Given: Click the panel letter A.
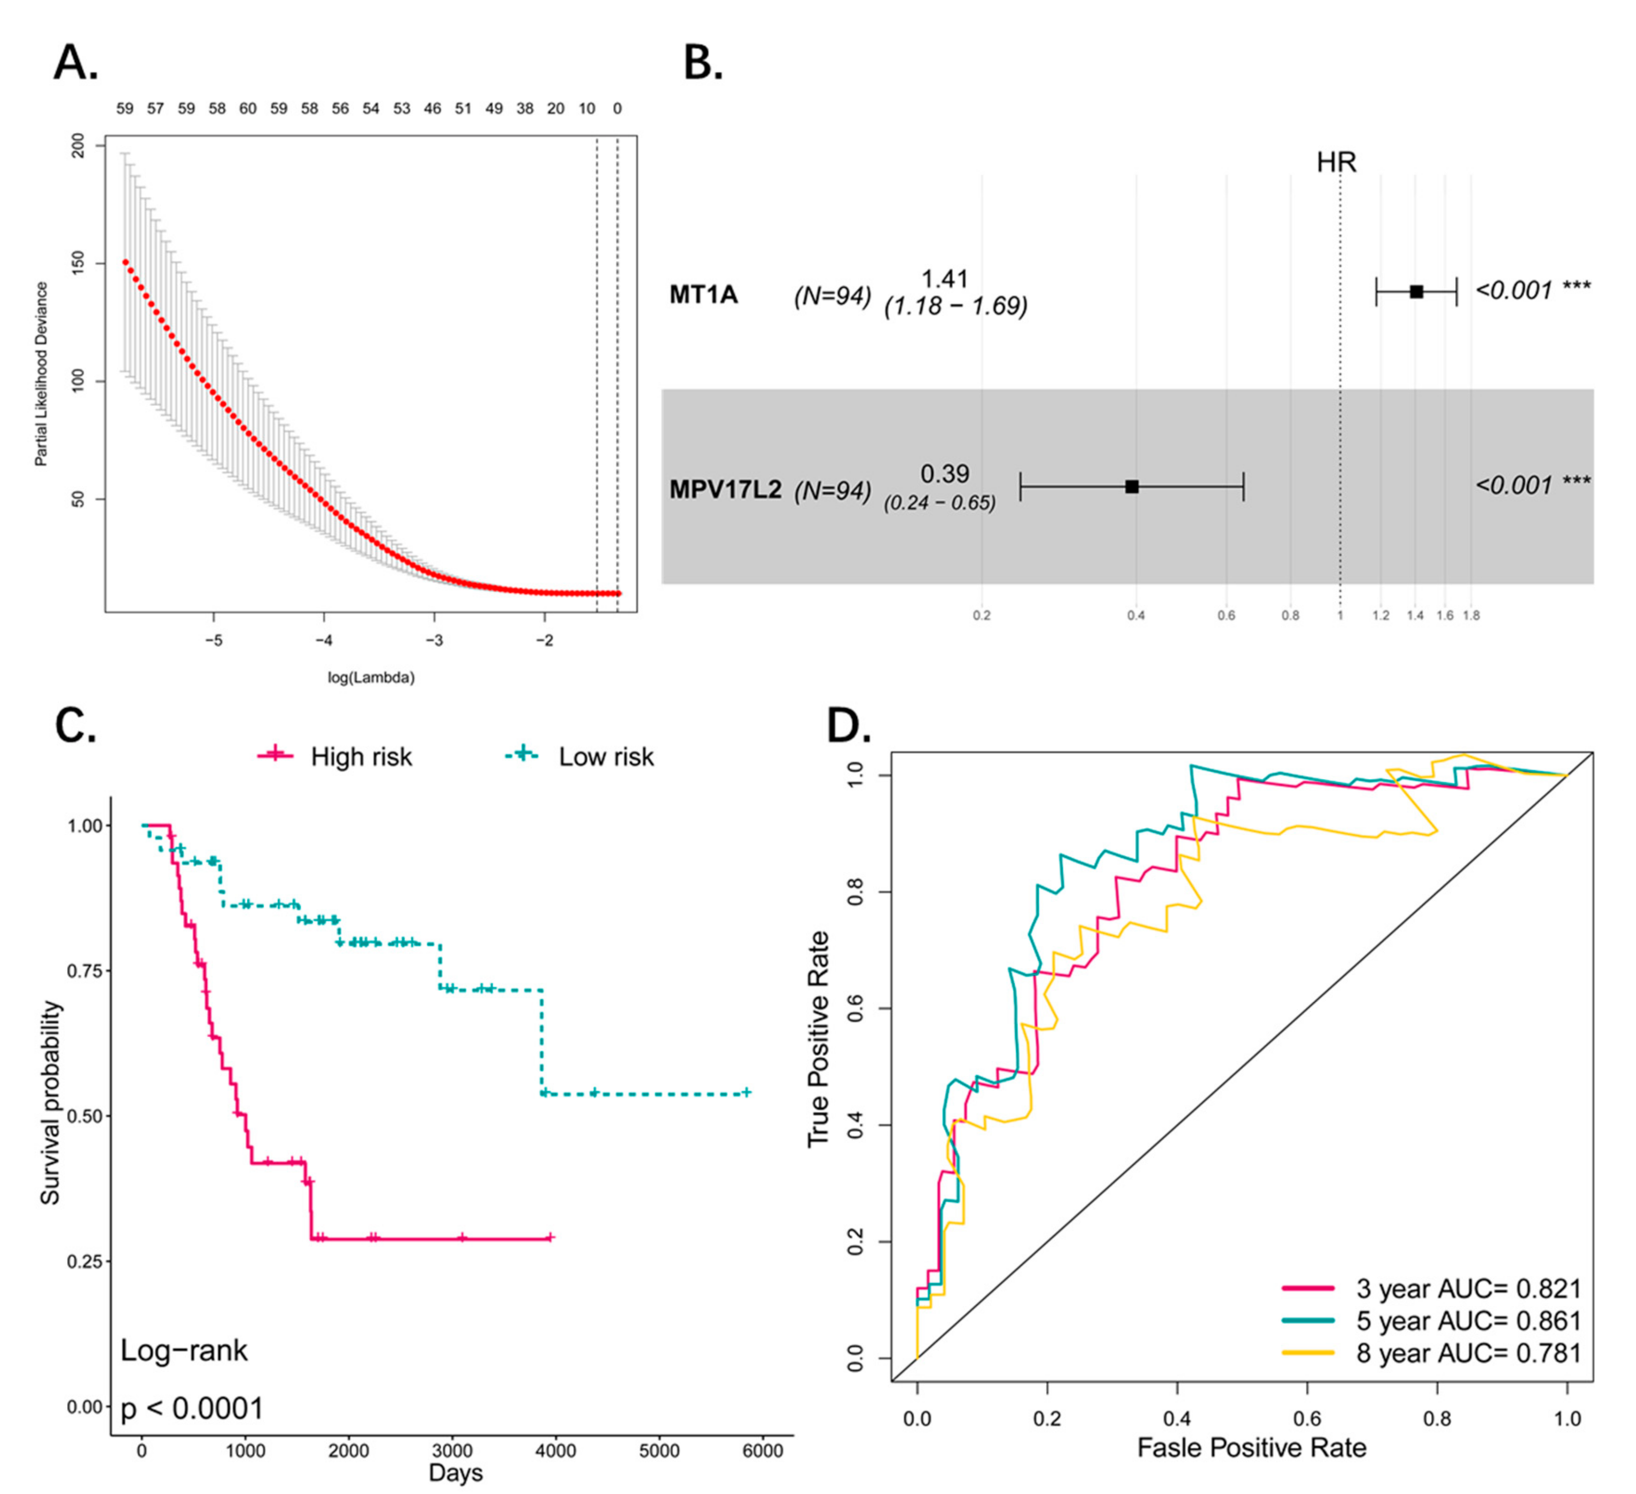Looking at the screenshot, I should pyautogui.click(x=75, y=63).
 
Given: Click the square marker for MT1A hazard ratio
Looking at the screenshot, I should pyautogui.click(x=1416, y=291).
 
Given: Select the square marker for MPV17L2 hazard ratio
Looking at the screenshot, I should pyautogui.click(x=1132, y=487).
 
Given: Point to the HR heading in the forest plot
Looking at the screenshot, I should pyautogui.click(x=1336, y=162).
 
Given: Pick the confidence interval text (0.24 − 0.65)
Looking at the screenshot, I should pyautogui.click(x=940, y=503).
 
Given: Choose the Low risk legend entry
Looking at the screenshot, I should pyautogui.click(x=579, y=756).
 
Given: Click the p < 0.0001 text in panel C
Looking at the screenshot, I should pyautogui.click(x=192, y=1408).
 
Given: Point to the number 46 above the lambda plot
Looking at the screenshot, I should pyautogui.click(x=433, y=108).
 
